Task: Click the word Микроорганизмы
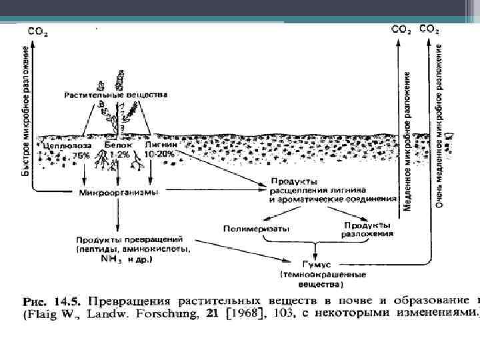tap(119, 193)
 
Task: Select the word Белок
tap(118, 145)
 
